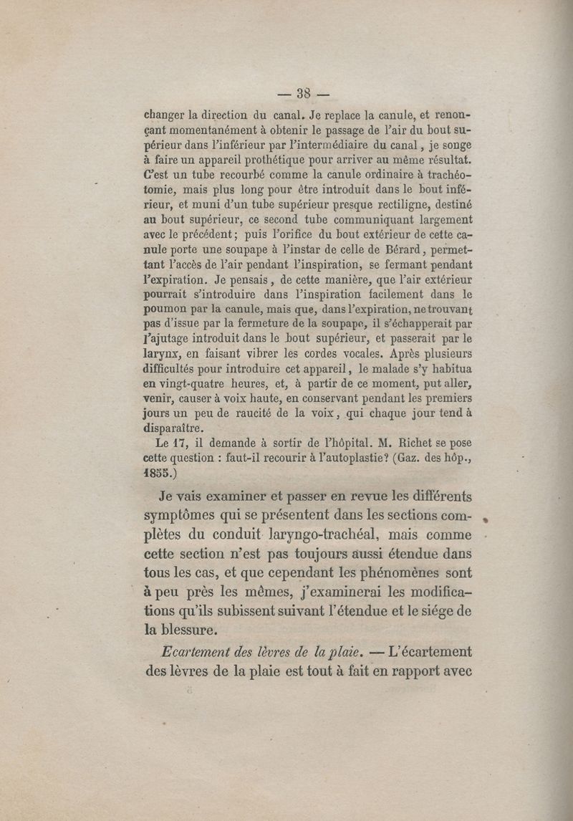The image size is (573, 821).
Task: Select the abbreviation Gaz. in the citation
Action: [x=410, y=458]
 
